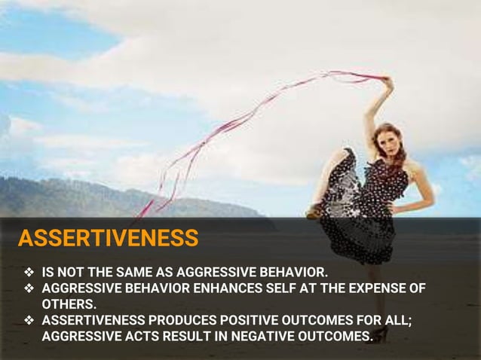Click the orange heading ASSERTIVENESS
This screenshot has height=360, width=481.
pos(108,239)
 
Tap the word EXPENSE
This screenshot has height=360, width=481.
pos(377,288)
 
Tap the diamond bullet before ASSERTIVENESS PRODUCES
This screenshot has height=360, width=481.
pos(29,320)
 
